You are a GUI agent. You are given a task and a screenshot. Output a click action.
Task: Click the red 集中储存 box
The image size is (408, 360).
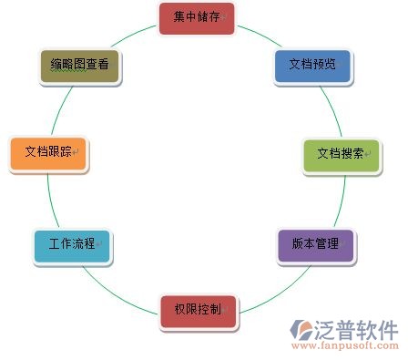[196, 17]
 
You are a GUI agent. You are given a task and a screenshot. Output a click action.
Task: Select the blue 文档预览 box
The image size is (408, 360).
[311, 66]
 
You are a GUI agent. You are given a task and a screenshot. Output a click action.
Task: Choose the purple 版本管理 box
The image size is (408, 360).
[314, 245]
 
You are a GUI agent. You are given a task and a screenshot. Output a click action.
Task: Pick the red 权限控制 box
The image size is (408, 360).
[198, 310]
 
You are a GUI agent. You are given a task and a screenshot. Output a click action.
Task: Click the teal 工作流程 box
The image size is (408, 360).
[72, 245]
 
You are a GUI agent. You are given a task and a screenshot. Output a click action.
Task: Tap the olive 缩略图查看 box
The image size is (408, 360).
[80, 66]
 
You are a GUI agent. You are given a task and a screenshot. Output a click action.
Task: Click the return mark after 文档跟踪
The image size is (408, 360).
[76, 152]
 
